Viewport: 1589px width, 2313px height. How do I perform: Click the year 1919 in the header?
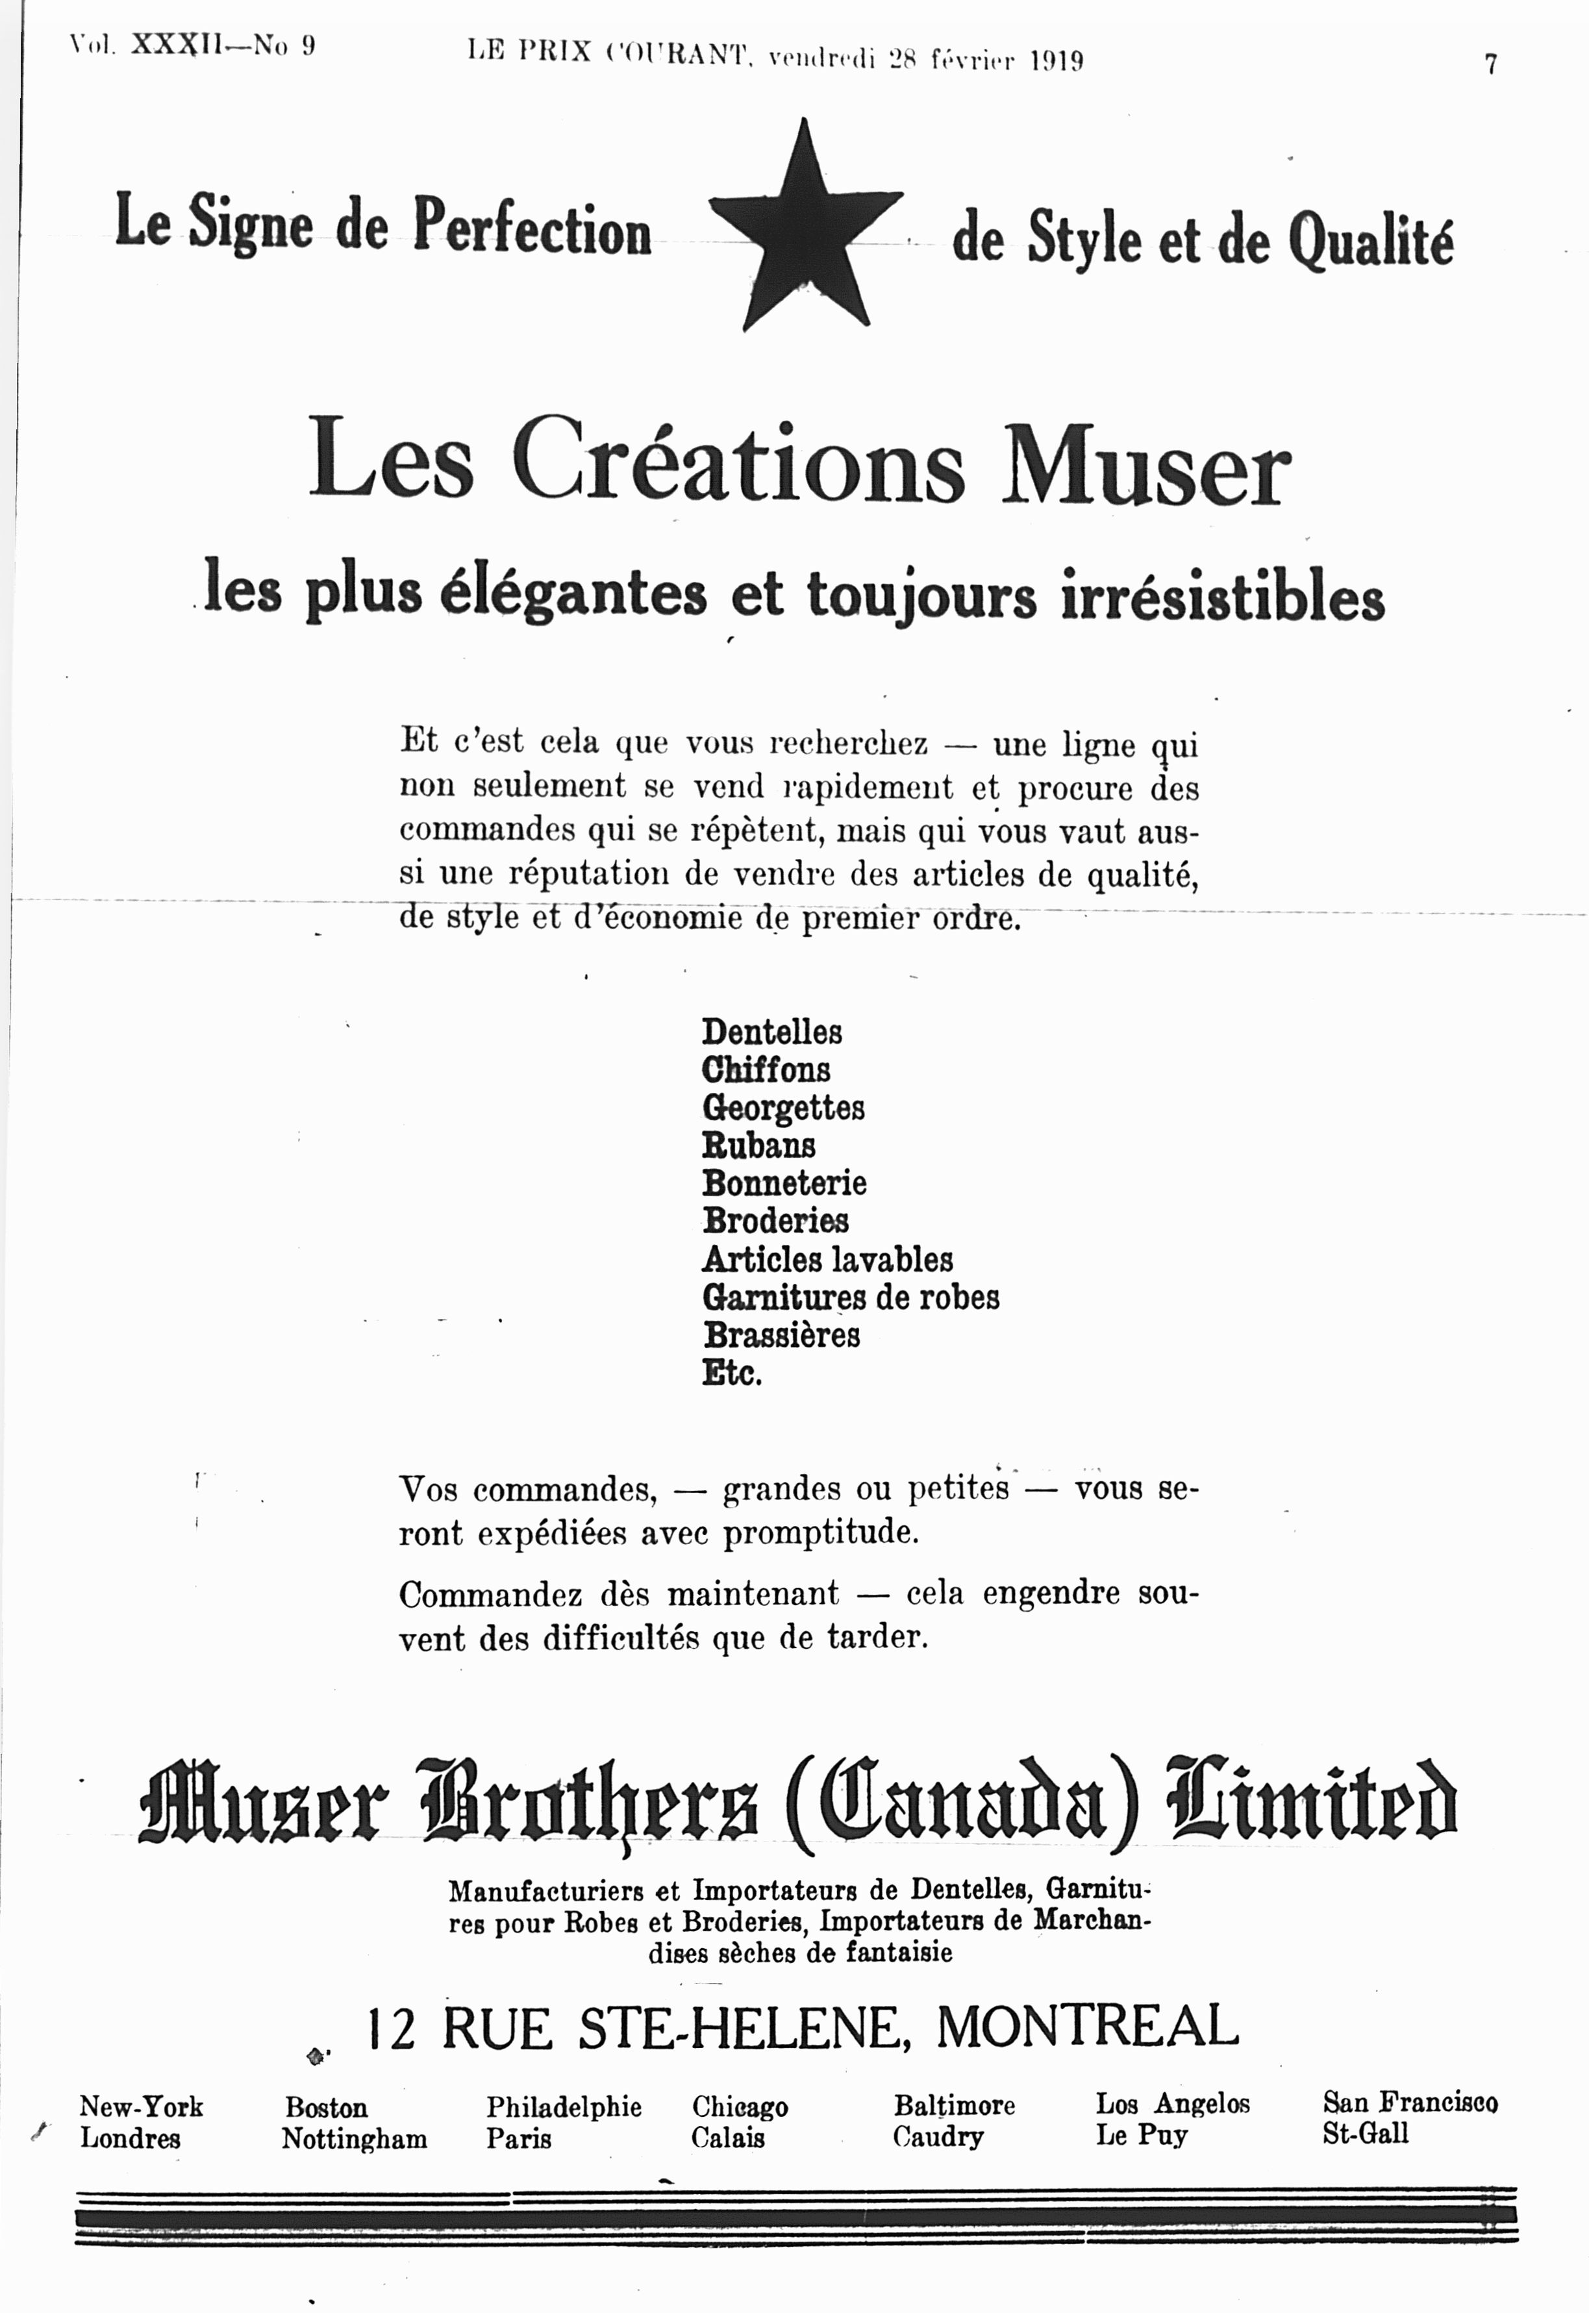tap(1057, 61)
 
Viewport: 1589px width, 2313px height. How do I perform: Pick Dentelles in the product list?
tap(771, 1032)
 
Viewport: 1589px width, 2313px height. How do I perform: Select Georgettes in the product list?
tap(782, 1107)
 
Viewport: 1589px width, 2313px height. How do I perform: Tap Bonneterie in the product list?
tap(784, 1183)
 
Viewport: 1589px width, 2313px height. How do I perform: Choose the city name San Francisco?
tap(1408, 2102)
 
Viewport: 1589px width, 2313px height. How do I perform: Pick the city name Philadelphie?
tap(564, 2107)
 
